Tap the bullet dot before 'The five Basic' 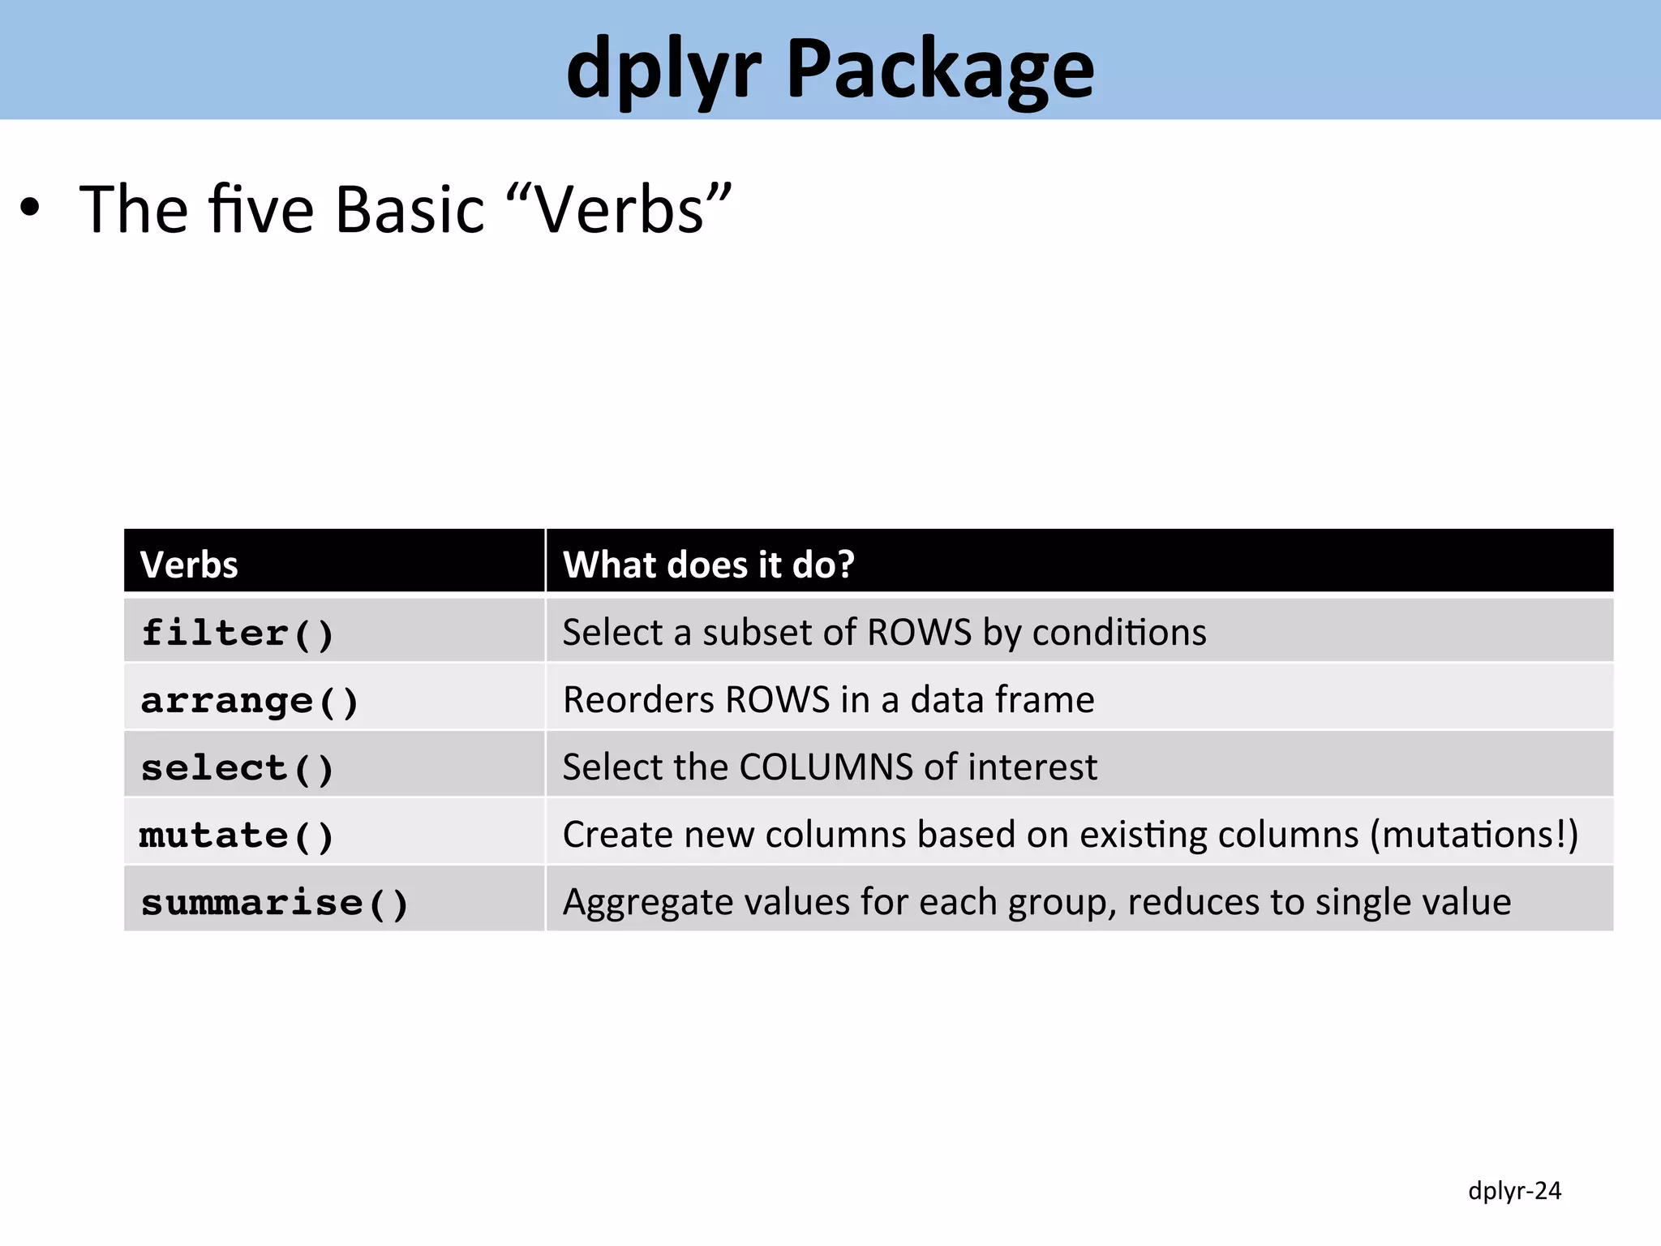click(x=30, y=208)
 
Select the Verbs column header click(x=189, y=565)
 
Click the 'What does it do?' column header click(x=708, y=565)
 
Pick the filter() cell click(x=238, y=633)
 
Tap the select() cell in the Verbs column click(x=238, y=768)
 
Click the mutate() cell click(x=237, y=836)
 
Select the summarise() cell click(x=275, y=903)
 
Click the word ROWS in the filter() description click(x=919, y=633)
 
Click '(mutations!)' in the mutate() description click(x=1474, y=835)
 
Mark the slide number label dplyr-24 click(x=1514, y=1191)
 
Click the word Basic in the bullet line click(x=410, y=209)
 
